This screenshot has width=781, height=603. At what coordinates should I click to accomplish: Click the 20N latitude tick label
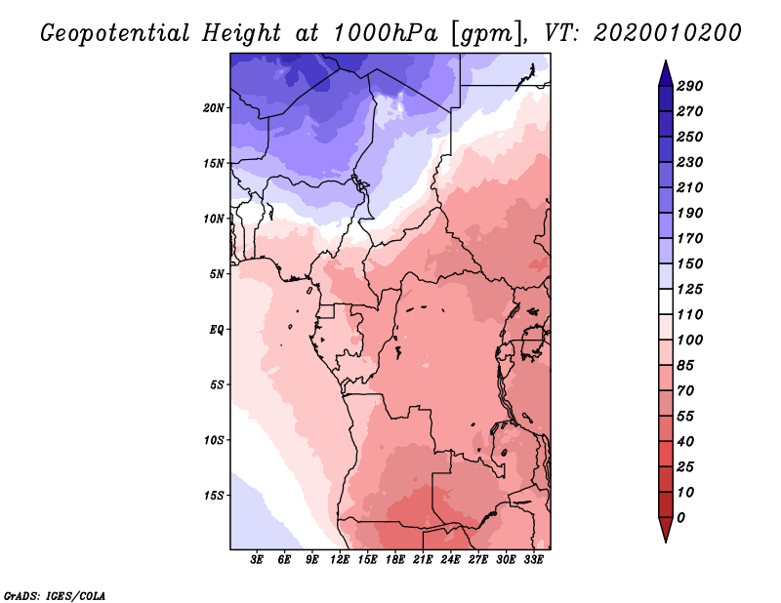(x=214, y=107)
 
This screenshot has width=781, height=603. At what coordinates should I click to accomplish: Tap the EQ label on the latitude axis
(x=217, y=329)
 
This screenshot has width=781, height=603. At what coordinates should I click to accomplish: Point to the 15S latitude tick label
(x=214, y=495)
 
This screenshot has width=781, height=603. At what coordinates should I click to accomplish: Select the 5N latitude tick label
(x=217, y=273)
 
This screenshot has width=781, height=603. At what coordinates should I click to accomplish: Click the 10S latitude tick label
(x=214, y=439)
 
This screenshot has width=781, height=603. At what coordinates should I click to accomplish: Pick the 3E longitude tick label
(x=258, y=560)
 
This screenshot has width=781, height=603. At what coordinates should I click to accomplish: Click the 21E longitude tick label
(x=424, y=560)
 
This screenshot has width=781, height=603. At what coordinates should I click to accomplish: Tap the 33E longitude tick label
(x=534, y=560)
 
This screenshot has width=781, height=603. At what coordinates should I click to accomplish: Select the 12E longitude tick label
(x=341, y=560)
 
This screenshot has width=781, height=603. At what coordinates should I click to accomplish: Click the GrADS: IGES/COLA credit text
(x=55, y=594)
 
